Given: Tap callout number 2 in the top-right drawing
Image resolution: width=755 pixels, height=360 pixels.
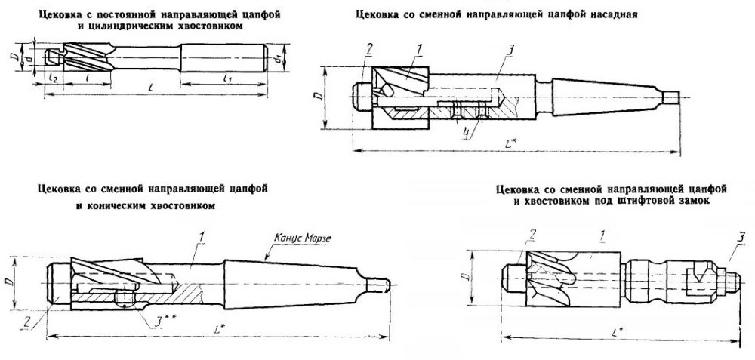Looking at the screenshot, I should coord(369,51).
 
